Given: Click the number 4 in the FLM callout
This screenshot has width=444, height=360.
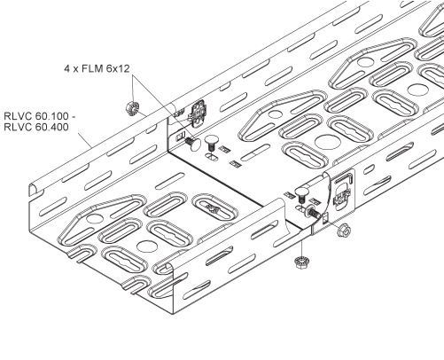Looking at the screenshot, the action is (x=66, y=69).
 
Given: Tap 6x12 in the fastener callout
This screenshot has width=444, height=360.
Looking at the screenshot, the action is (x=119, y=69).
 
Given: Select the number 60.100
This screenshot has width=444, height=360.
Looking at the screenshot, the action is (x=51, y=115).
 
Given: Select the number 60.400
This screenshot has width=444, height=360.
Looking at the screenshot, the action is (x=51, y=127).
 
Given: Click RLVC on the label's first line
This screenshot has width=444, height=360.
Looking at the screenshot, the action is (x=18, y=115).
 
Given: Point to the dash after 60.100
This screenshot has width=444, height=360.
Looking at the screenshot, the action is (x=74, y=116).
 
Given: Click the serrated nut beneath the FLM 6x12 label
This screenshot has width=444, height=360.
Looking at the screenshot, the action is (x=132, y=108).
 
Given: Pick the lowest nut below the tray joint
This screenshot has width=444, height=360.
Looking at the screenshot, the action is (x=301, y=262).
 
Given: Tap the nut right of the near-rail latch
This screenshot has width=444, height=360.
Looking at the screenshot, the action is (x=344, y=230).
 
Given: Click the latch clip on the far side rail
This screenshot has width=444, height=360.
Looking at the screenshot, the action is (x=197, y=113).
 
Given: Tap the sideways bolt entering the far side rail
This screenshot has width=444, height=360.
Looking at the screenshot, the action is (x=193, y=143).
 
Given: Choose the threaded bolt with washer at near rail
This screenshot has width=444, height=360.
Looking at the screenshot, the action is (x=314, y=213).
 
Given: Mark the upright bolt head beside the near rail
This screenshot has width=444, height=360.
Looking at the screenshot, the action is (x=301, y=193).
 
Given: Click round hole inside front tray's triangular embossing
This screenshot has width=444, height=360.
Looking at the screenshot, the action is (x=95, y=219).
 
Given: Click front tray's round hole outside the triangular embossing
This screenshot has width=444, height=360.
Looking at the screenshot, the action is (x=146, y=246).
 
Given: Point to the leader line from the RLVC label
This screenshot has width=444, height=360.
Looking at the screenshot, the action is (x=84, y=140).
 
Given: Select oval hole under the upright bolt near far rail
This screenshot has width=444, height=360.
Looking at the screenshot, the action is (x=212, y=157).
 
